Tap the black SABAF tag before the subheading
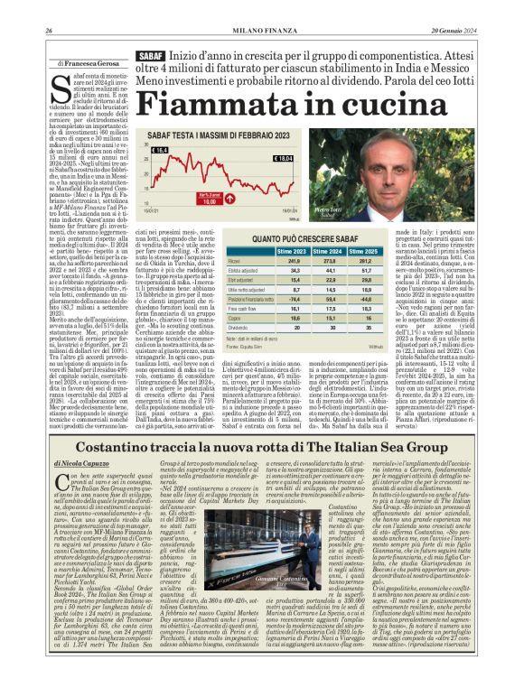(149, 56)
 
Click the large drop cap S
(61, 92)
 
